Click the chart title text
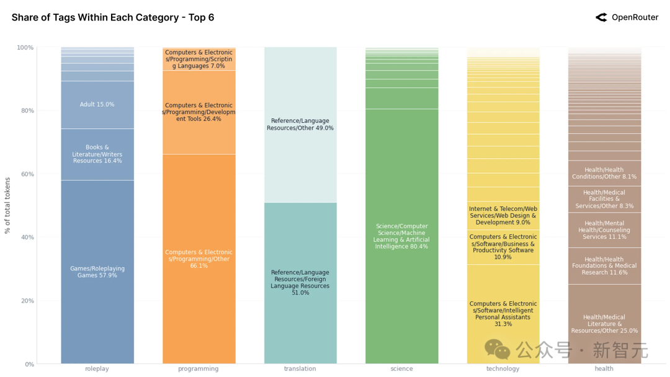pos(113,17)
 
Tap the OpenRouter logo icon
pos(601,17)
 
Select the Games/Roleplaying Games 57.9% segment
pos(97,272)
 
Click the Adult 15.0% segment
pos(97,105)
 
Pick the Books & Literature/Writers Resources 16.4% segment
pos(97,154)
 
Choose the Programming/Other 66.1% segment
pos(199,259)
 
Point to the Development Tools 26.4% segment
pos(199,112)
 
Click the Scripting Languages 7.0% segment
pos(199,60)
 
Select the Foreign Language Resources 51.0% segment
pos(300,283)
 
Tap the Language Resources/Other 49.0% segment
pos(300,125)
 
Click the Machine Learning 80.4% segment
pos(401,236)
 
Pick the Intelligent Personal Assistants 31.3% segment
pos(503,314)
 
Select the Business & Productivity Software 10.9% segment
pos(503,247)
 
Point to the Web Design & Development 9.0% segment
pos(503,216)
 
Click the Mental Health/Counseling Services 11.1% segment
pos(604,230)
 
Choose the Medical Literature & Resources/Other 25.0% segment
pos(604,324)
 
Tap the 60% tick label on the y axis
pos(25,174)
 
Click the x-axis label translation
pos(300,369)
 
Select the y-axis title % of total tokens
pos(7,205)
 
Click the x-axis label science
pos(401,369)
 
